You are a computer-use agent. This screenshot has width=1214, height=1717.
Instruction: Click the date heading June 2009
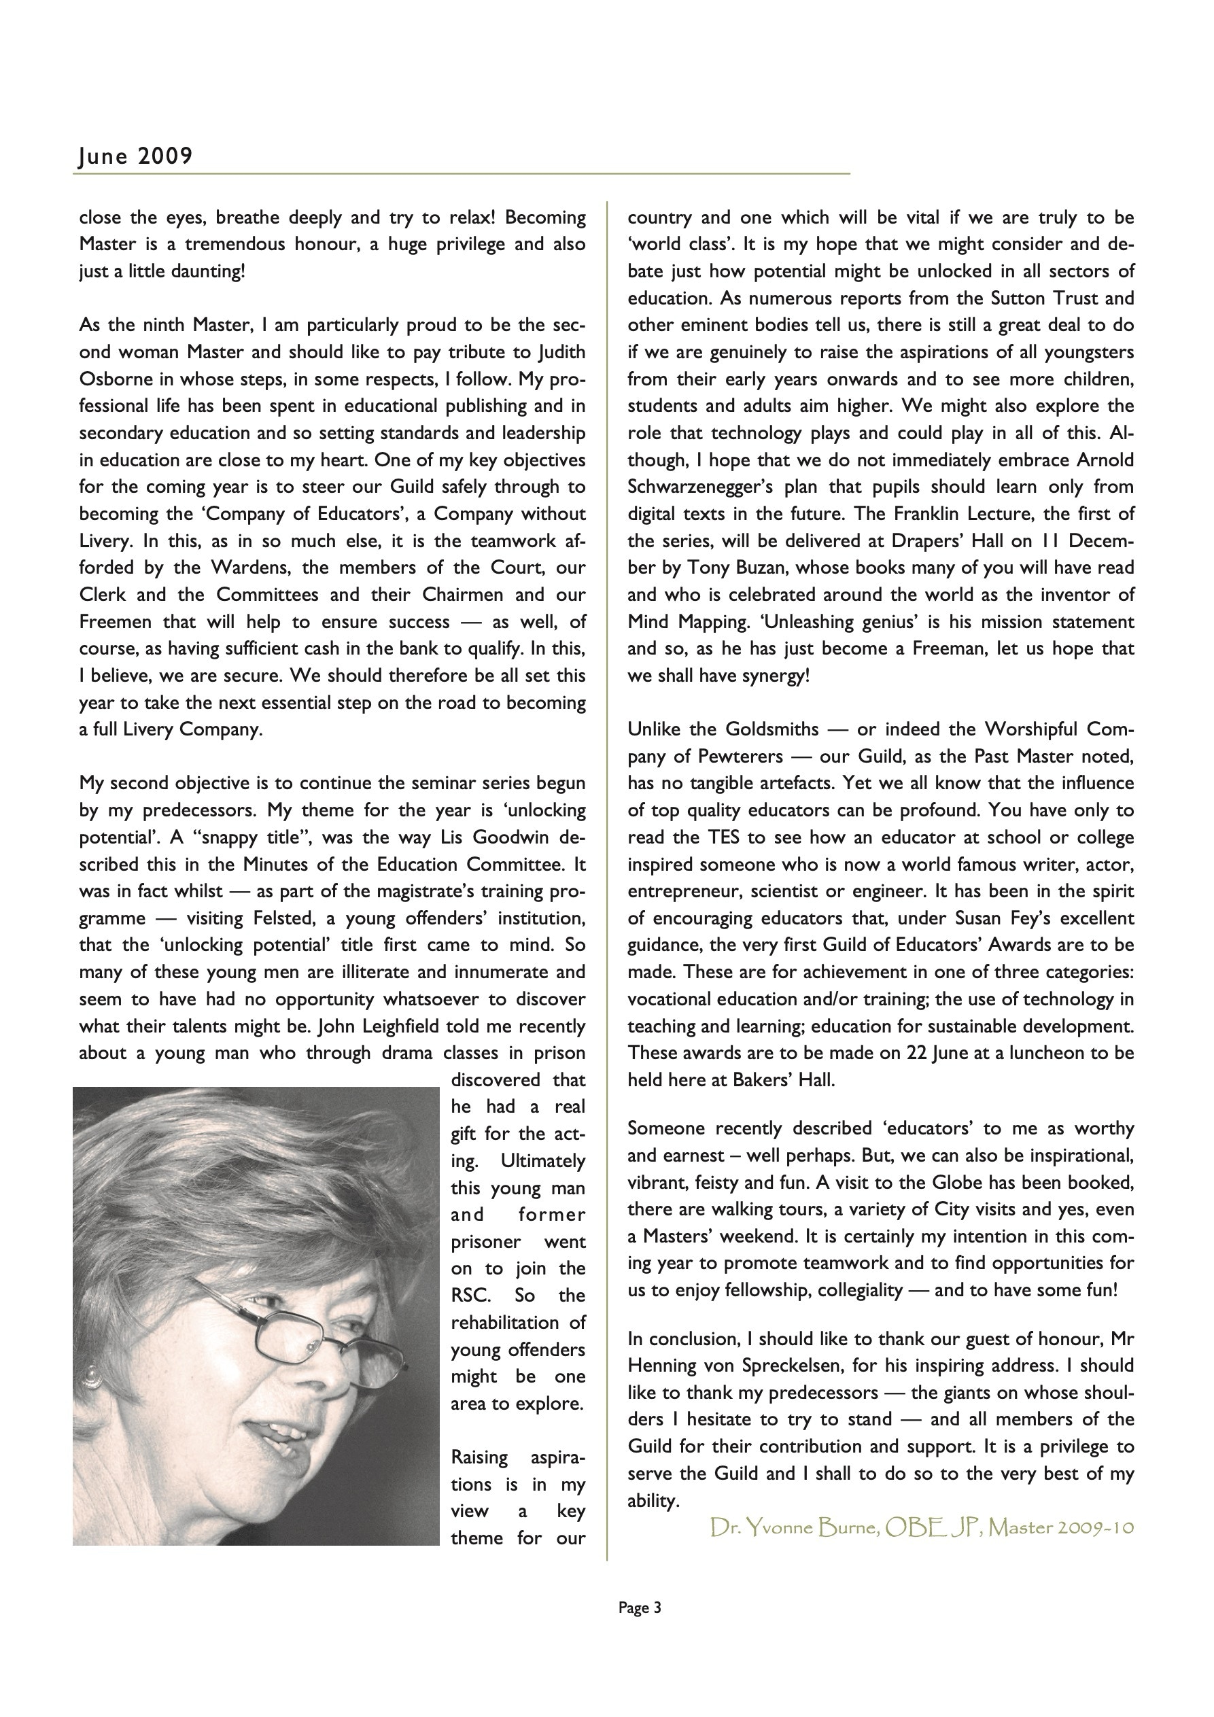[135, 156]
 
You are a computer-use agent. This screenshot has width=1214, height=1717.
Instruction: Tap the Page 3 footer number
[640, 1607]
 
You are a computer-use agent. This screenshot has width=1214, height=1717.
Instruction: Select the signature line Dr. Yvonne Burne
[922, 1527]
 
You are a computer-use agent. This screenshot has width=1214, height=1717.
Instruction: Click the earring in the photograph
[92, 1373]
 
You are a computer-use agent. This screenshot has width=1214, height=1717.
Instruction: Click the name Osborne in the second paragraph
[116, 379]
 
